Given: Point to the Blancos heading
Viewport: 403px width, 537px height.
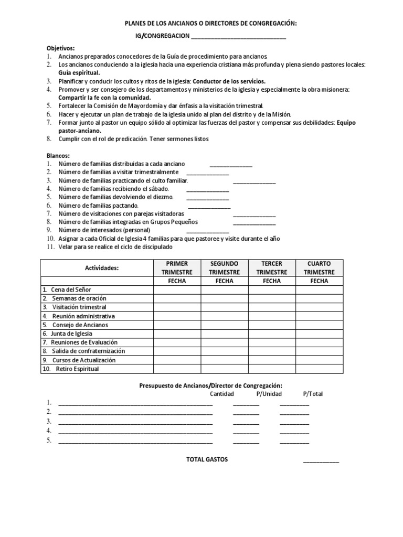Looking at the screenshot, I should coord(58,156).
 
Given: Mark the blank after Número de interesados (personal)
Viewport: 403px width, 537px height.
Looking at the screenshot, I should coord(208,231).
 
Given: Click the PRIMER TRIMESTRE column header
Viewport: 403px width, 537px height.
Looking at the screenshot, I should coord(177,267).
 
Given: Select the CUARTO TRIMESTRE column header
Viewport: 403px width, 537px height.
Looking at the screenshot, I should coord(319,267).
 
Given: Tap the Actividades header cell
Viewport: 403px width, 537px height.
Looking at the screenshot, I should coord(102,268).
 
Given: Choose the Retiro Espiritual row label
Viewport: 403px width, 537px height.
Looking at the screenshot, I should coord(75,369).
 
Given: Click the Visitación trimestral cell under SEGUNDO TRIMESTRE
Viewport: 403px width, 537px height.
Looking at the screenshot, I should coord(224,307).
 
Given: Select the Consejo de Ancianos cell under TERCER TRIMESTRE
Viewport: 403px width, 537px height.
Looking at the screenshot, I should coord(271,325).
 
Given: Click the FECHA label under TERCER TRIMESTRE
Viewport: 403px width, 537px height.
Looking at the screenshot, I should coord(271,281).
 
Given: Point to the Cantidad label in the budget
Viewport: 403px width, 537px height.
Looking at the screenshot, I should coord(222,394).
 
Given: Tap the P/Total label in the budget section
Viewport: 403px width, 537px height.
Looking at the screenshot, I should coord(313,394).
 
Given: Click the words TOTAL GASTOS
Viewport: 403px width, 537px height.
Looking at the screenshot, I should coord(207,459).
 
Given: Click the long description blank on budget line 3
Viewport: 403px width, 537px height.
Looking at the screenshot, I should coord(135,422).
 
